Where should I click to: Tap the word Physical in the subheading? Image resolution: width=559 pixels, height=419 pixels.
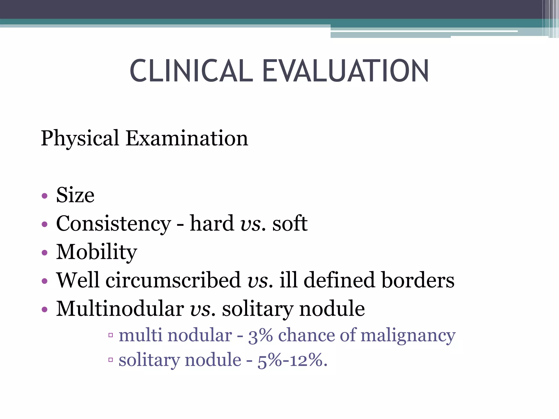[80, 139]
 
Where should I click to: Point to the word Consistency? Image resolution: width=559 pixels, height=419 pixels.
[114, 224]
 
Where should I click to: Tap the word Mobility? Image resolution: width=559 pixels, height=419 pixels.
[96, 252]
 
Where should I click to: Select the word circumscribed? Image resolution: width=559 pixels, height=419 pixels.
[173, 280]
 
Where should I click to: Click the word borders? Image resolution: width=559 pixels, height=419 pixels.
[418, 280]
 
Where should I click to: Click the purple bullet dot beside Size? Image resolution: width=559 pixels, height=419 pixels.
[45, 196]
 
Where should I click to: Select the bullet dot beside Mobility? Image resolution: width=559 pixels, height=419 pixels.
[45, 253]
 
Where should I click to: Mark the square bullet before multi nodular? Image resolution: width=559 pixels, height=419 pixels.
[111, 335]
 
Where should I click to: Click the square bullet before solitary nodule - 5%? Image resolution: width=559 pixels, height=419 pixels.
[111, 360]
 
